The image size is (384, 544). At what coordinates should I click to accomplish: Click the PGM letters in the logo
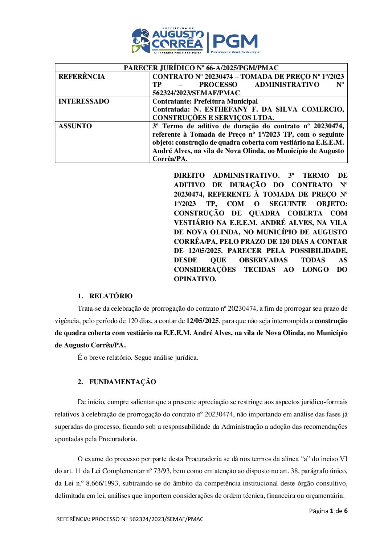coord(235,41)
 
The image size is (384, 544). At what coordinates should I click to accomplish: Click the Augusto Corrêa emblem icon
coord(141,41)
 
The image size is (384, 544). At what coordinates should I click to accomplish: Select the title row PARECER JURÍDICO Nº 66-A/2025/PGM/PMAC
coord(201,68)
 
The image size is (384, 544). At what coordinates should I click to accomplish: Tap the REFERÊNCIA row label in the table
coord(82,77)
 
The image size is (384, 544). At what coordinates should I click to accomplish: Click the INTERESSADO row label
coord(84,101)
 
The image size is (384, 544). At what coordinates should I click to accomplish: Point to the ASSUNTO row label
coord(75,126)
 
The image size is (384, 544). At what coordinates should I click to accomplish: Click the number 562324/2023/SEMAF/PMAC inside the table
coord(196,93)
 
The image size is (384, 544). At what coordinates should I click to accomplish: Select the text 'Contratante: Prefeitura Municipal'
coord(205,101)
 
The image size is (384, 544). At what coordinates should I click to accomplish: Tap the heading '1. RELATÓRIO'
coord(105,296)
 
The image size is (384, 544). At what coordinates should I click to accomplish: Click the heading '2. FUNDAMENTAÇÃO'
coord(117,382)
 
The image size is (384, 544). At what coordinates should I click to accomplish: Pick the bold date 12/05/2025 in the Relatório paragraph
coord(202,321)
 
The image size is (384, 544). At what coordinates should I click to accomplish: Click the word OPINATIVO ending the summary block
coord(195,279)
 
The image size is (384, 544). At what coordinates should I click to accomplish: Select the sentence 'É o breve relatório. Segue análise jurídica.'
coord(138,358)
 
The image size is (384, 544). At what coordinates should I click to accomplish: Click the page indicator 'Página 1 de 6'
coord(328,511)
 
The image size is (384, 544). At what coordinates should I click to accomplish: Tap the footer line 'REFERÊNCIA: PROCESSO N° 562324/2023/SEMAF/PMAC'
coord(130,519)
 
